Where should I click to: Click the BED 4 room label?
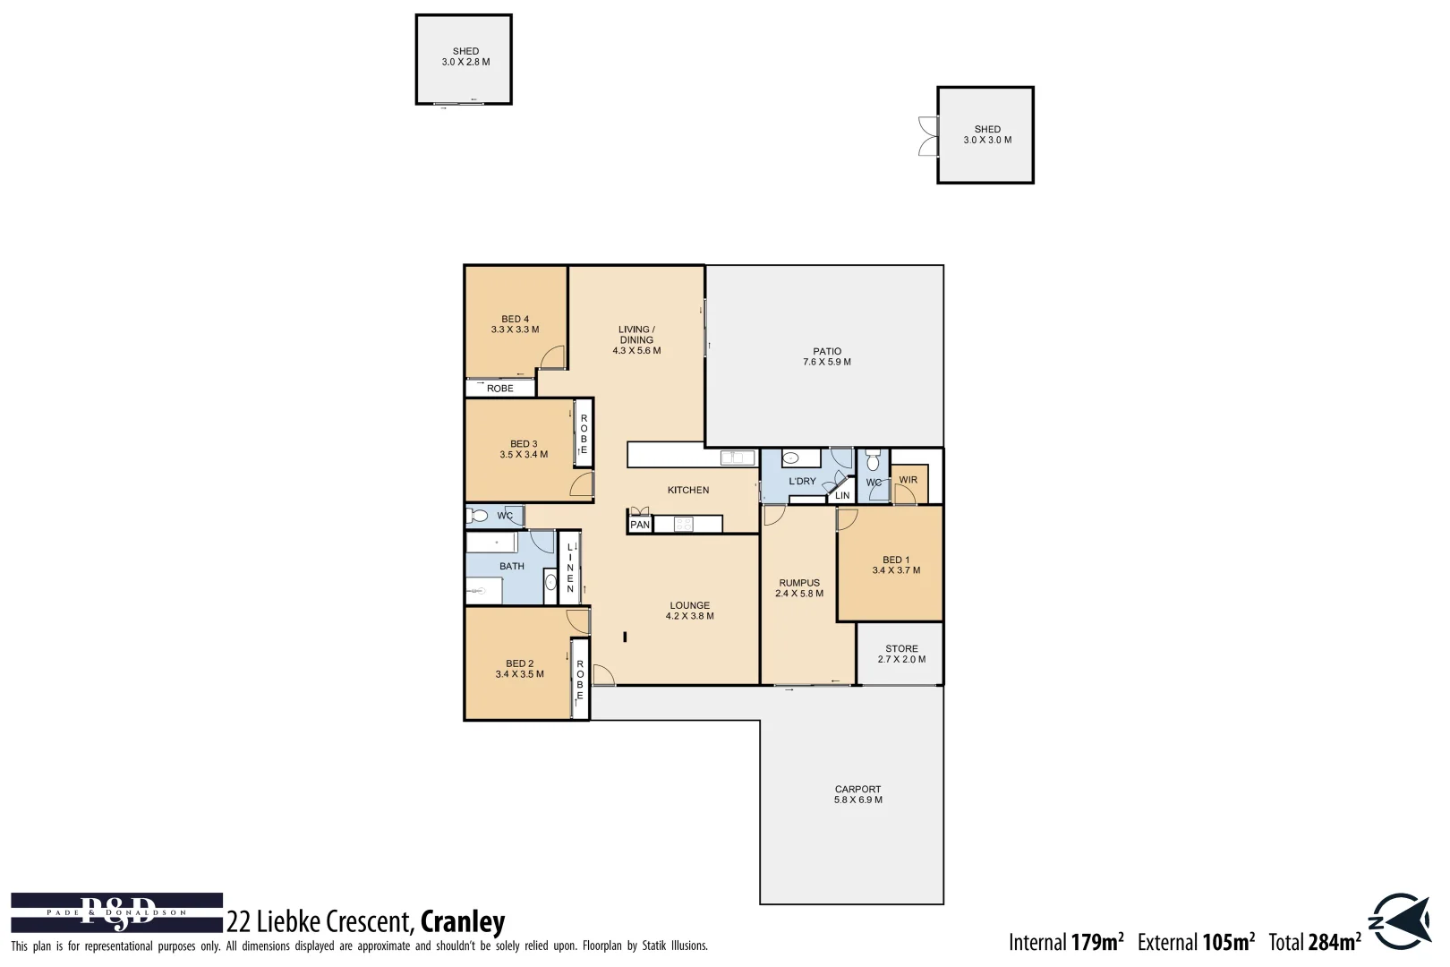(x=515, y=324)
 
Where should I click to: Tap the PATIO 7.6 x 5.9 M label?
(x=826, y=357)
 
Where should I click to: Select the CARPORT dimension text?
(x=857, y=800)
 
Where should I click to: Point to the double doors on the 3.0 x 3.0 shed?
(x=928, y=136)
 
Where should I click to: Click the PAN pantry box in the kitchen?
(x=640, y=525)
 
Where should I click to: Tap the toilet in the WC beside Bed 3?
(x=478, y=516)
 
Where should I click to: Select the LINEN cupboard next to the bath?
(x=569, y=568)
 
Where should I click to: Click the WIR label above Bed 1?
(x=908, y=480)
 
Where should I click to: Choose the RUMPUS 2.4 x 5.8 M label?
(x=798, y=588)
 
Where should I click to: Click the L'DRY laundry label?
(x=802, y=482)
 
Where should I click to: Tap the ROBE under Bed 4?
(x=499, y=389)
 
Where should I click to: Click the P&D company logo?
(x=116, y=912)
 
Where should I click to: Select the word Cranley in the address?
(x=462, y=921)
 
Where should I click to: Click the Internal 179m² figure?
(x=1065, y=942)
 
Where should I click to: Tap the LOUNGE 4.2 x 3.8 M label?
(x=689, y=611)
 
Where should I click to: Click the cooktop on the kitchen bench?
(x=685, y=524)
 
